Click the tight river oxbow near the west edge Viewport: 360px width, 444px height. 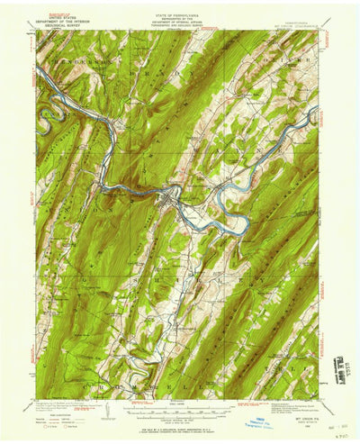[x=49, y=114]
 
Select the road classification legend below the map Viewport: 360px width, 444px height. [x=288, y=416]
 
